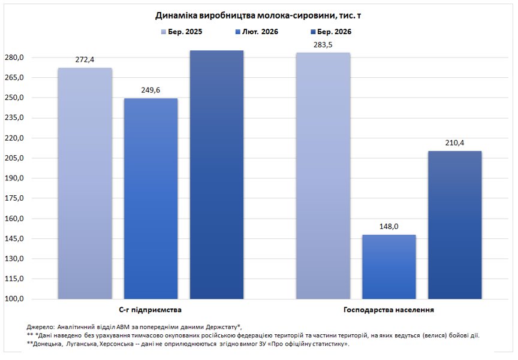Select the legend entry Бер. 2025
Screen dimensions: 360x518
(x=182, y=32)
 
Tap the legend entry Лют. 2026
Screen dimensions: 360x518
(x=256, y=32)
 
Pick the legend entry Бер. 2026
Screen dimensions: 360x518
(x=330, y=32)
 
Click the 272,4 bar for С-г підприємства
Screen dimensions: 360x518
(x=85, y=183)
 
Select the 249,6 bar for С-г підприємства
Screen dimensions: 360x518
(x=150, y=198)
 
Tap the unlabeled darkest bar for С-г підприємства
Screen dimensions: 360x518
(x=216, y=174)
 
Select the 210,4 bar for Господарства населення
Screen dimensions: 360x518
(x=454, y=225)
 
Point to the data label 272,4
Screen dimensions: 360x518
(x=85, y=60)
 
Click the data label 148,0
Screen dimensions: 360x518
(x=389, y=227)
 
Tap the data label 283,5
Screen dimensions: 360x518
(x=323, y=45)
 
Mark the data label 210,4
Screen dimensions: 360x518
(x=454, y=143)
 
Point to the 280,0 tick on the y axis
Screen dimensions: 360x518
(x=14, y=58)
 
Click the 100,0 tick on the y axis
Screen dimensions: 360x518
(x=14, y=299)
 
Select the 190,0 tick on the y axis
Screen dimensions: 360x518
(x=14, y=179)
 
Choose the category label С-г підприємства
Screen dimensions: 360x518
(x=150, y=310)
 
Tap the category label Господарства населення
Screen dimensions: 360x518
(x=389, y=310)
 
